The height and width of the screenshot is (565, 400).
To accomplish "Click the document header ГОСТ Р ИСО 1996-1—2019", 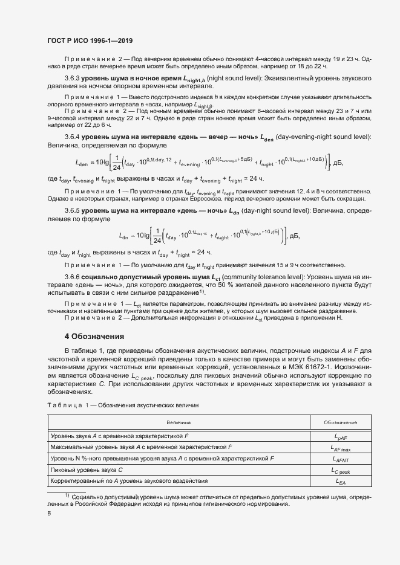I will (x=90, y=39).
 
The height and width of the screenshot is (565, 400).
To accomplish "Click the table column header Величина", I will (x=179, y=422).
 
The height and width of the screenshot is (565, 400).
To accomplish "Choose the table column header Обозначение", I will (x=339, y=422).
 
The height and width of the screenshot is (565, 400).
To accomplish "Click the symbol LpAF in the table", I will (x=340, y=436).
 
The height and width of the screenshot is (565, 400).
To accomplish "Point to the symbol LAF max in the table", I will (x=340, y=448).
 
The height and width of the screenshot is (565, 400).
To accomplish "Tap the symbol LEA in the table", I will (x=340, y=482).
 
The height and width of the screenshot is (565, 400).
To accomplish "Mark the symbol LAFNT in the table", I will (x=340, y=459).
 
